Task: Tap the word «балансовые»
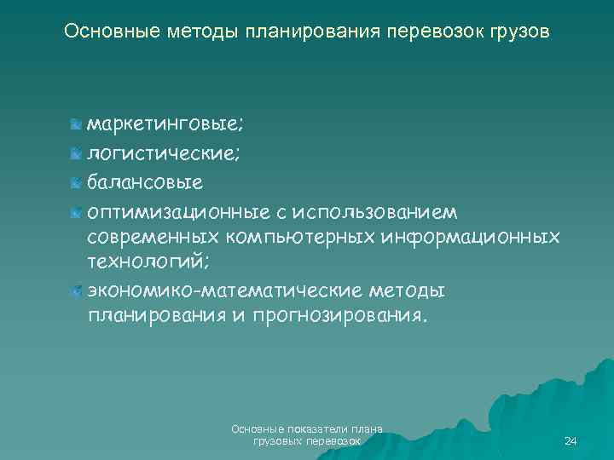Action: coord(144,182)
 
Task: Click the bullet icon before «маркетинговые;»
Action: coord(78,126)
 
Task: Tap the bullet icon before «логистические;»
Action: coord(78,154)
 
